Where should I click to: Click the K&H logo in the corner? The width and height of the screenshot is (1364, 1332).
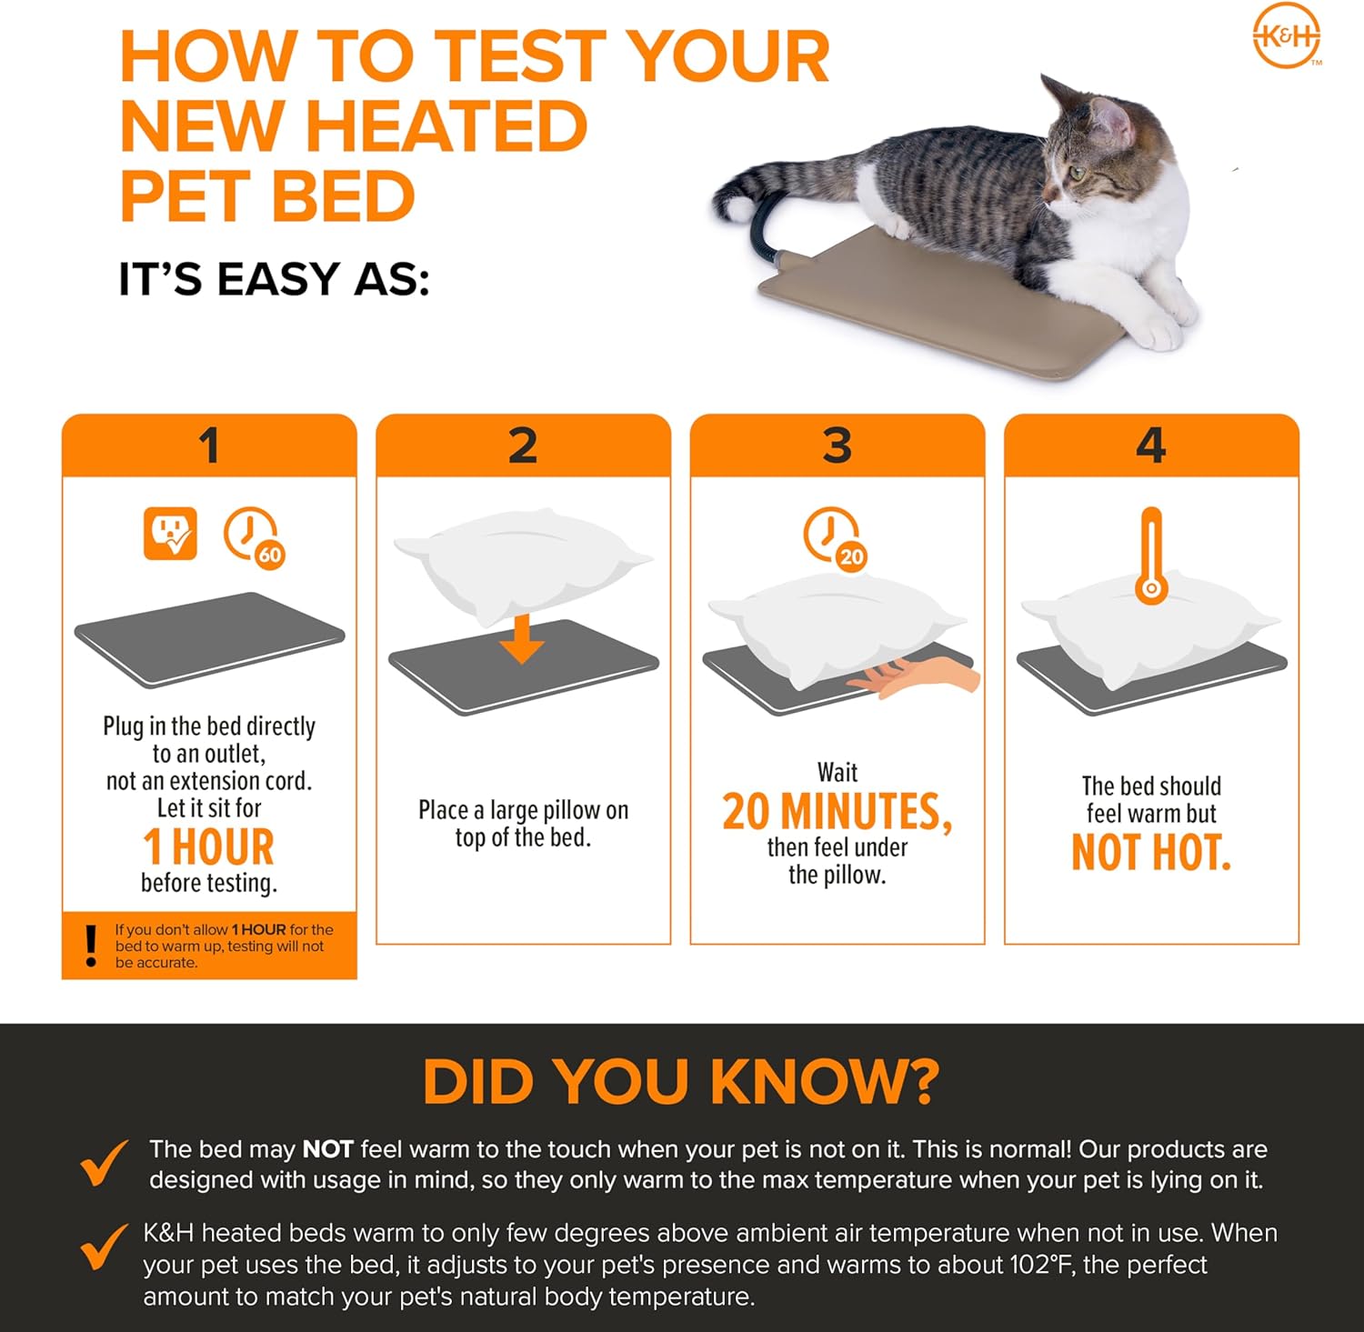(1287, 37)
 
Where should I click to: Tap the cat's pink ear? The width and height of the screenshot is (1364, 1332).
(1108, 115)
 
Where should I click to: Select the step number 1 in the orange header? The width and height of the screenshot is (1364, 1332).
(209, 446)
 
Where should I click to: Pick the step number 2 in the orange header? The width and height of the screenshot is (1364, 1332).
(523, 446)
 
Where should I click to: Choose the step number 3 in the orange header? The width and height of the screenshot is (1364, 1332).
(837, 446)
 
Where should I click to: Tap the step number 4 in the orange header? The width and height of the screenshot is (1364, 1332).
(1151, 446)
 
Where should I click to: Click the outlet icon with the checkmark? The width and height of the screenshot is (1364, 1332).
(170, 534)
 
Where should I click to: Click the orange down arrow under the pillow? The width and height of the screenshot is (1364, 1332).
(522, 638)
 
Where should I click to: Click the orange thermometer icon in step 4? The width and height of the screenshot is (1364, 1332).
(1151, 556)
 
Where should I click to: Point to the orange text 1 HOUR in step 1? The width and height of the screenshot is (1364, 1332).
(208, 847)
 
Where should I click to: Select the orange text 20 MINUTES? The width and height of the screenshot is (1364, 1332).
(837, 812)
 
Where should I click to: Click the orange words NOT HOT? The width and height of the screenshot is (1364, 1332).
(1151, 853)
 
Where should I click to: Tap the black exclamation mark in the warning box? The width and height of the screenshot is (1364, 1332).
(90, 946)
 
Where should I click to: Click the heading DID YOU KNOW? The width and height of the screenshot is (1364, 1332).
(681, 1081)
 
